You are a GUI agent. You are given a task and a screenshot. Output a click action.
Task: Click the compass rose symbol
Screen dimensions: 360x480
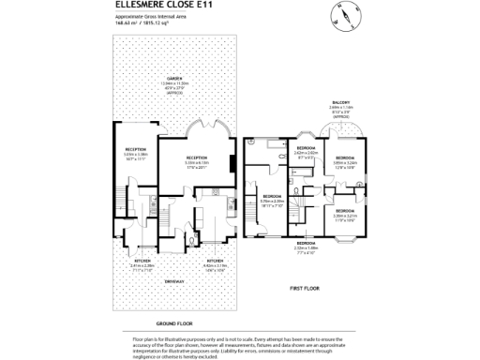point(343,16)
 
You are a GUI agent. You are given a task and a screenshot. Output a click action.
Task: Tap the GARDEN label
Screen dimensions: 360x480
point(173,79)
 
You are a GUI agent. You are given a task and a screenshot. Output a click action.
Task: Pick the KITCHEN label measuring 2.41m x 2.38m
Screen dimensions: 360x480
point(142,261)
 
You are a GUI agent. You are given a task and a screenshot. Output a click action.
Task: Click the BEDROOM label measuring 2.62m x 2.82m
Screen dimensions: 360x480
point(306,149)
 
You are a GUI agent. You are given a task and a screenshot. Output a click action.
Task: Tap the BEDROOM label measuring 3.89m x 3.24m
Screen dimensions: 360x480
point(345,157)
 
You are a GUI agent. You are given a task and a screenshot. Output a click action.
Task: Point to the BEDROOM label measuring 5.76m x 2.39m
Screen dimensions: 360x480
point(272,197)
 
